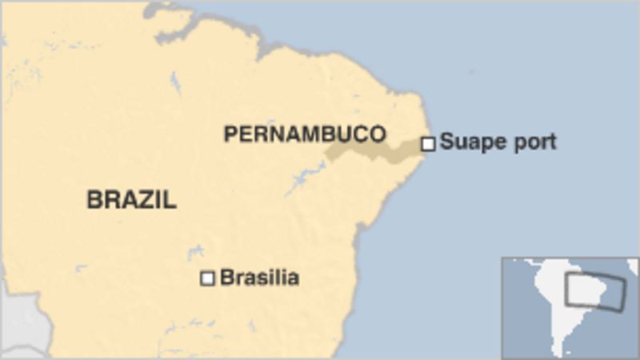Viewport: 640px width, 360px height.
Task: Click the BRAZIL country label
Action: tap(131, 199)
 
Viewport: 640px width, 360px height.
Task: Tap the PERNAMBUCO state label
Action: tap(304, 134)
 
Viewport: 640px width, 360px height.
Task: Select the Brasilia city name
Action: tap(259, 278)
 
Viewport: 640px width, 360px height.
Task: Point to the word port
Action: tap(535, 143)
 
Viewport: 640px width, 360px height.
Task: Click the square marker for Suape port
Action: tap(428, 144)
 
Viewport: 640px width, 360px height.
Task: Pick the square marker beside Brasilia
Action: tap(207, 278)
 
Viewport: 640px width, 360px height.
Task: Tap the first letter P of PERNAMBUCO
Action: tap(230, 134)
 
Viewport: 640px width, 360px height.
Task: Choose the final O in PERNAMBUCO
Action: tap(378, 134)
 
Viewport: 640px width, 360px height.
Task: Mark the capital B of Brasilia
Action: tap(226, 278)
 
